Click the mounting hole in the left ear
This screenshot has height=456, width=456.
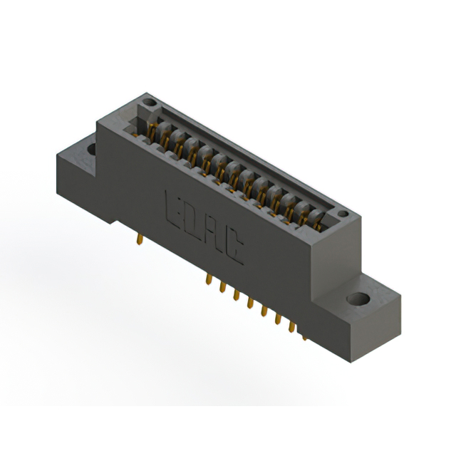[x=90, y=150]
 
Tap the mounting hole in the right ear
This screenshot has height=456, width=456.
[x=359, y=299]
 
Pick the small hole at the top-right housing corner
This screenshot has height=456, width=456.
[x=343, y=214]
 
